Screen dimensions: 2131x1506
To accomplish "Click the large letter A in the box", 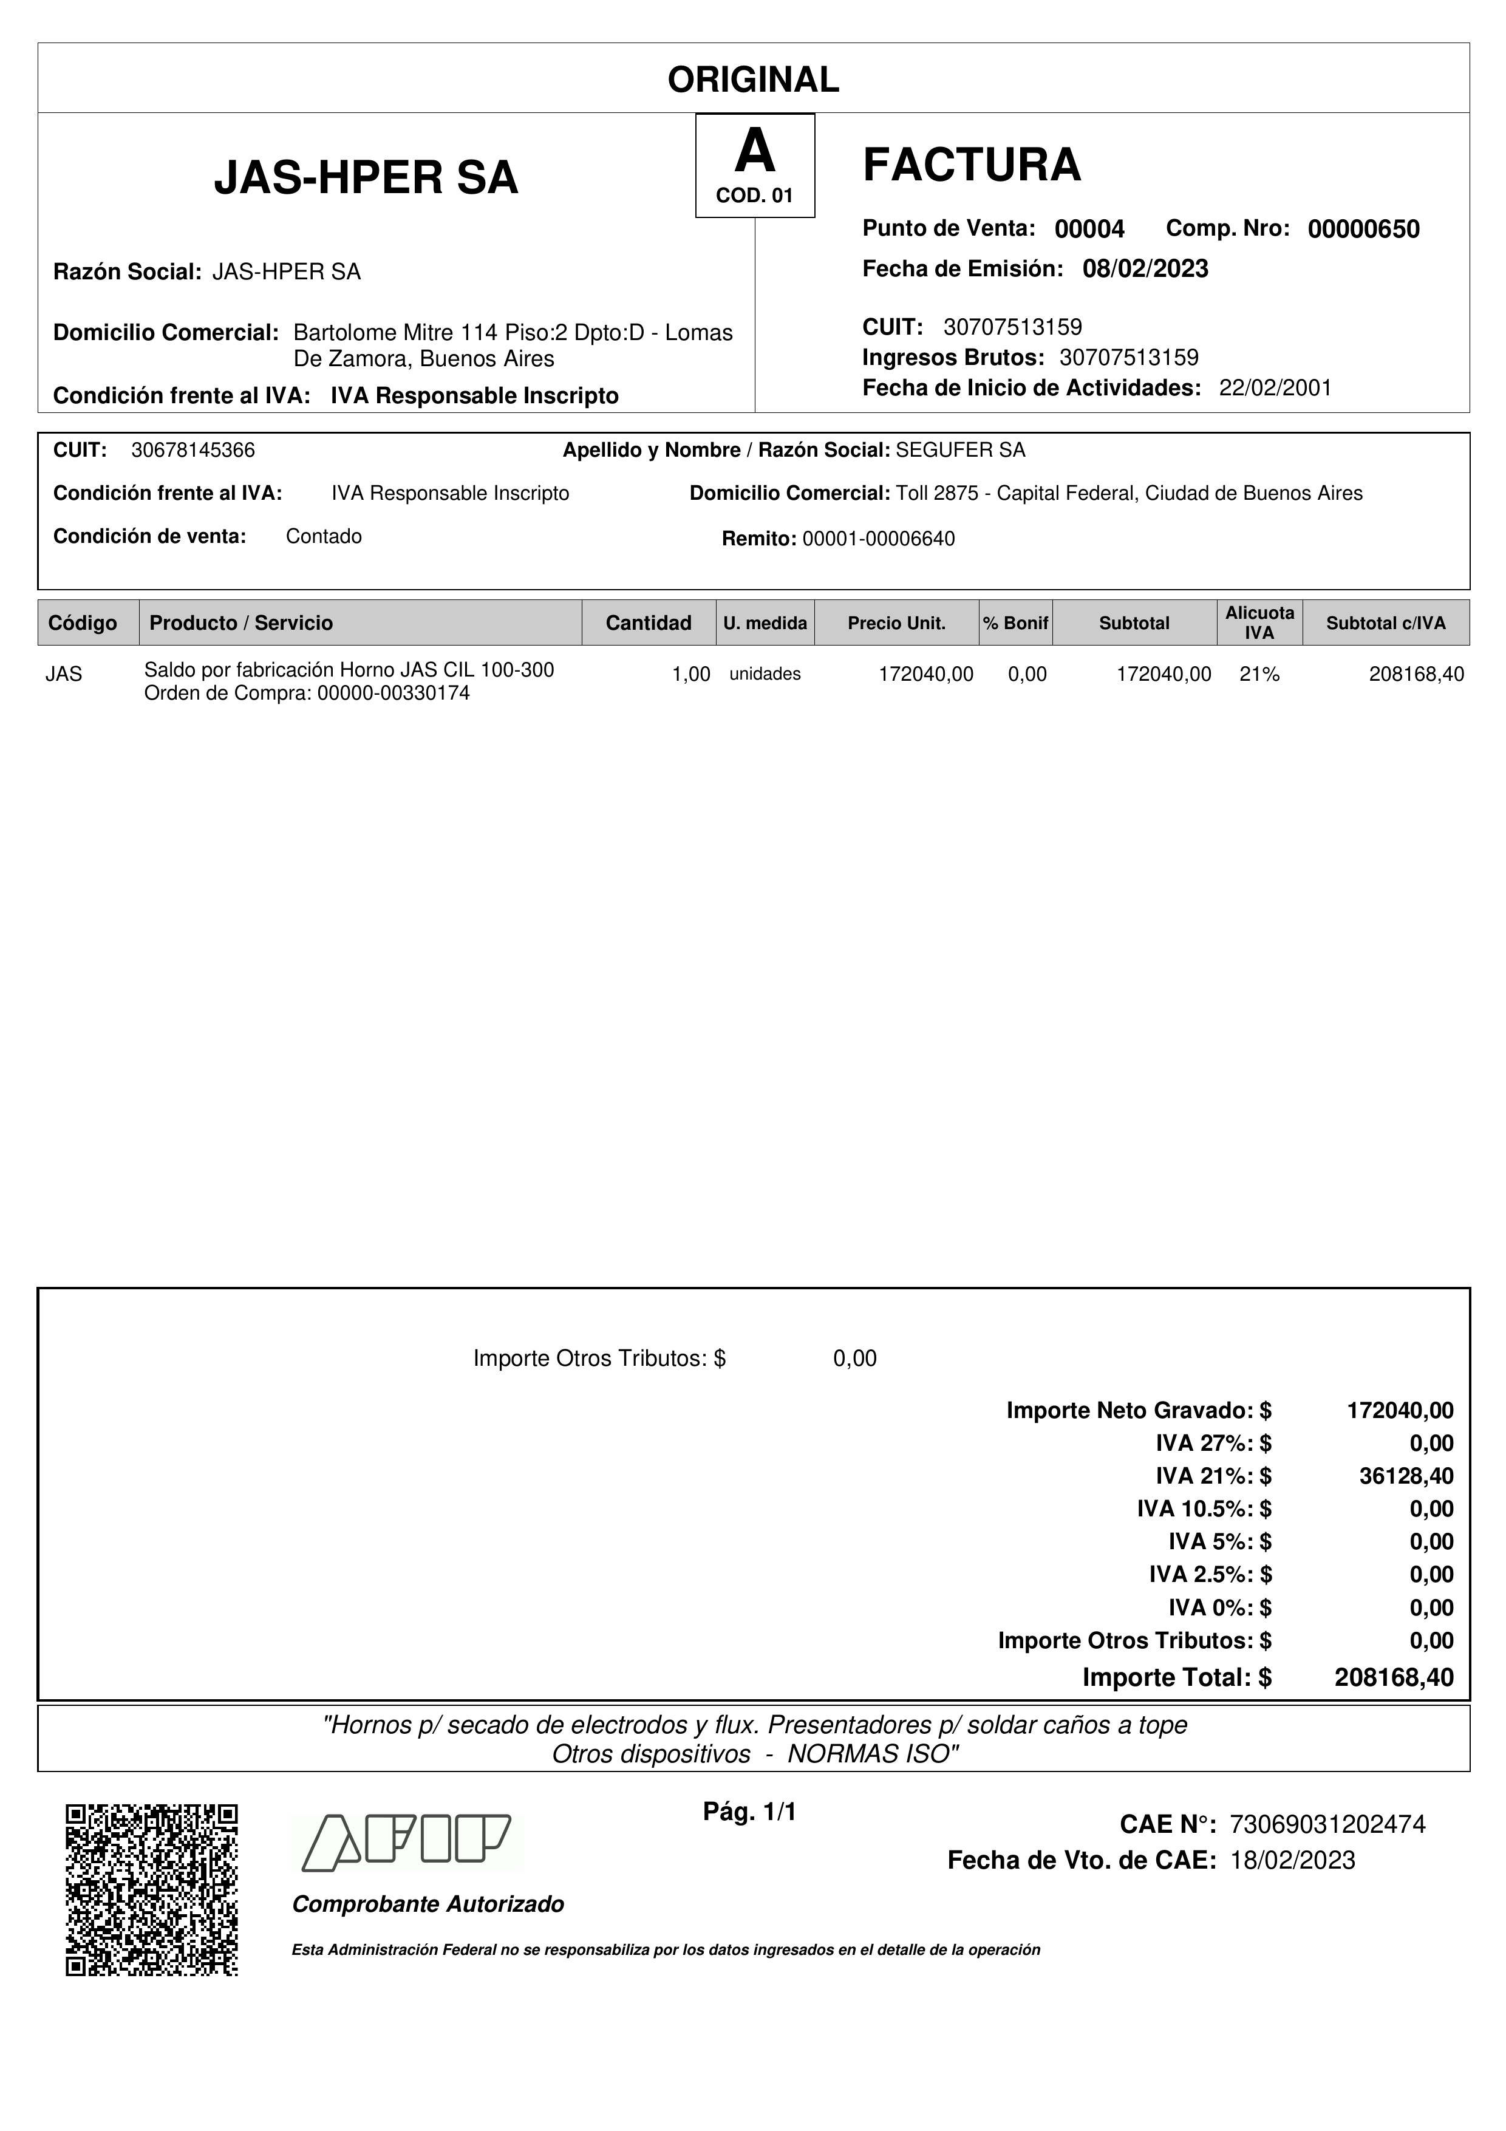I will pos(754,151).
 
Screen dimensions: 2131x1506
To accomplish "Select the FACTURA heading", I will pos(972,165).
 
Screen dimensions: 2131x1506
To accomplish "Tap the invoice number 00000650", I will pos(1363,229).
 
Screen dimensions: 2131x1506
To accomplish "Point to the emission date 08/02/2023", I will pos(1145,269).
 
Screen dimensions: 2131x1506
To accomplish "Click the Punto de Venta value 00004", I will pos(1089,229).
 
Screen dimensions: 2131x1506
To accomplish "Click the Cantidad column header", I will pos(648,622).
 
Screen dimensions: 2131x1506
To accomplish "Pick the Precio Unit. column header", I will pos(896,622).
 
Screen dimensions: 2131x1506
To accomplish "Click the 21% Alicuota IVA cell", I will pos(1259,675).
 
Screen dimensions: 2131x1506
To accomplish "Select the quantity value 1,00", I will pos(690,675).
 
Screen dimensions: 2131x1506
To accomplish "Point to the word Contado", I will pos(324,536).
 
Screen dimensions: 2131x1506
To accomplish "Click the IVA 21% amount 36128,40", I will pos(1406,1476).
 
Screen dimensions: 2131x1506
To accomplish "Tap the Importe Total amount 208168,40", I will pos(1394,1677).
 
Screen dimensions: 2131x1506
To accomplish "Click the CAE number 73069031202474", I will pos(1327,1825).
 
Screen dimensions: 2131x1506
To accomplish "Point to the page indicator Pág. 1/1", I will pos(750,1812).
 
